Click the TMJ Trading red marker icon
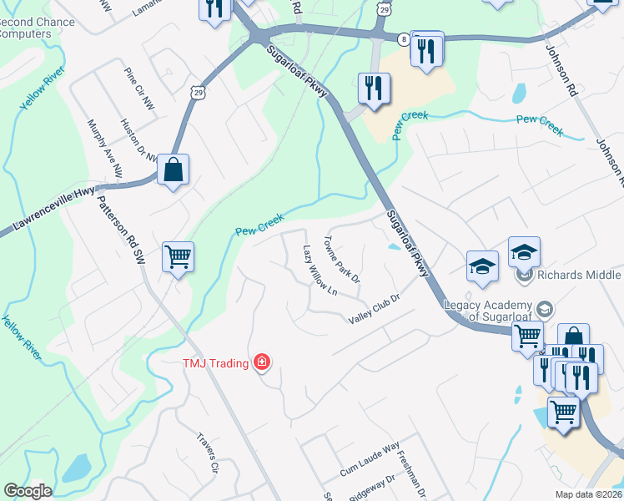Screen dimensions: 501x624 pos(262,362)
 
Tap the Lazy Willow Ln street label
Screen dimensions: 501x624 pos(320,267)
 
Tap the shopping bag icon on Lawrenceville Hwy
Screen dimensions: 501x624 pos(173,170)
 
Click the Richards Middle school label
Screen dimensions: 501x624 pos(578,275)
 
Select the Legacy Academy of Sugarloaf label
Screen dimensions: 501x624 pos(496,311)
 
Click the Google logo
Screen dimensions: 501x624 pos(27,491)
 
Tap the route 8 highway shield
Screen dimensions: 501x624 pos(403,39)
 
